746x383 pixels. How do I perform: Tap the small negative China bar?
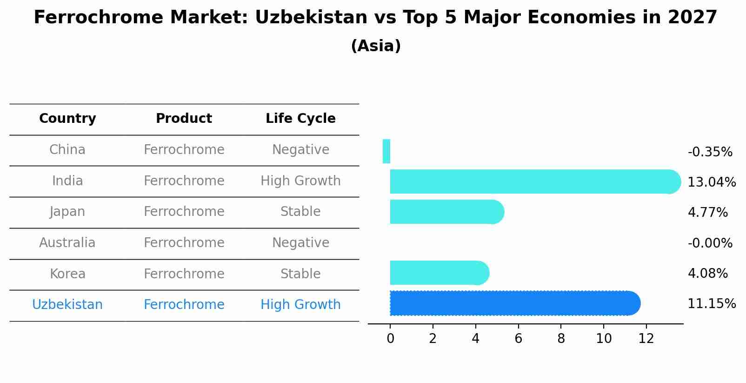tap(386, 151)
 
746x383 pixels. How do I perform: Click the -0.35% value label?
tap(710, 152)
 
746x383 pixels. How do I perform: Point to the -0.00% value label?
tap(710, 243)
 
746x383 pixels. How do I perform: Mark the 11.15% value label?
tap(711, 304)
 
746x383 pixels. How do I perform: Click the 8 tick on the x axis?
tap(561, 339)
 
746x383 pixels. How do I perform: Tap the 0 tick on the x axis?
tap(390, 339)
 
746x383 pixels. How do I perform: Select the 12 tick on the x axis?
tap(646, 339)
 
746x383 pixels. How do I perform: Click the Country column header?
tap(67, 119)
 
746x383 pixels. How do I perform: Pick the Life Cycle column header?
tap(300, 119)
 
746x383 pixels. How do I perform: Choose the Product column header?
tap(184, 119)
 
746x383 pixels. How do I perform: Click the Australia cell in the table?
tap(67, 243)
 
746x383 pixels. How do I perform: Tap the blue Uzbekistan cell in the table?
tap(67, 305)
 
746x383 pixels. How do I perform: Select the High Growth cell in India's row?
tap(300, 181)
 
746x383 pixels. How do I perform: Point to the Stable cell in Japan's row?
tap(300, 212)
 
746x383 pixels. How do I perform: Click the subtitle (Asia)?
tap(376, 46)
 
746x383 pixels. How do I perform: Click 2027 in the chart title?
tap(692, 18)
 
